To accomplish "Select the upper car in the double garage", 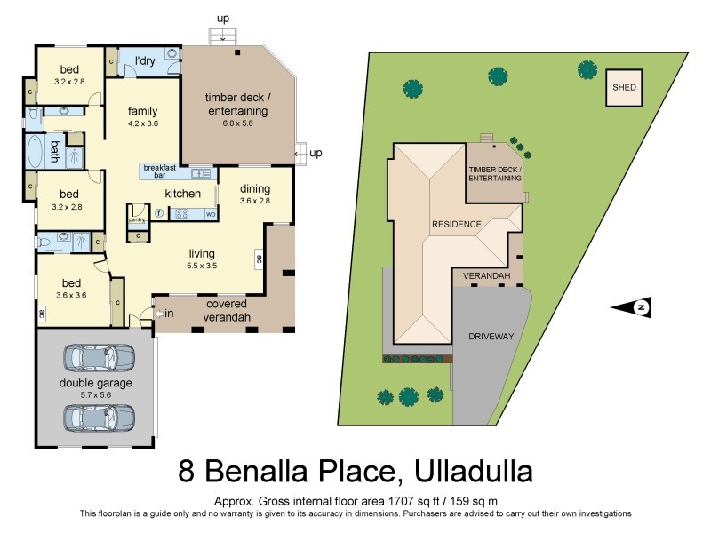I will coord(98,357).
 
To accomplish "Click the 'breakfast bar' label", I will coord(160,171).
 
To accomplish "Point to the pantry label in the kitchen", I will coord(136,219).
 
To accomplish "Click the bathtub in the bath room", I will coord(36,152).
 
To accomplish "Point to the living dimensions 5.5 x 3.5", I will coord(202,265).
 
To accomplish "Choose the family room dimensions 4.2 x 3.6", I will coord(142,124).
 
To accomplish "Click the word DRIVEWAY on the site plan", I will coord(491,338).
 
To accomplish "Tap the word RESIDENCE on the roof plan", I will coord(456,224).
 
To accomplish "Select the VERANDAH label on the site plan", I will coord(486,277).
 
